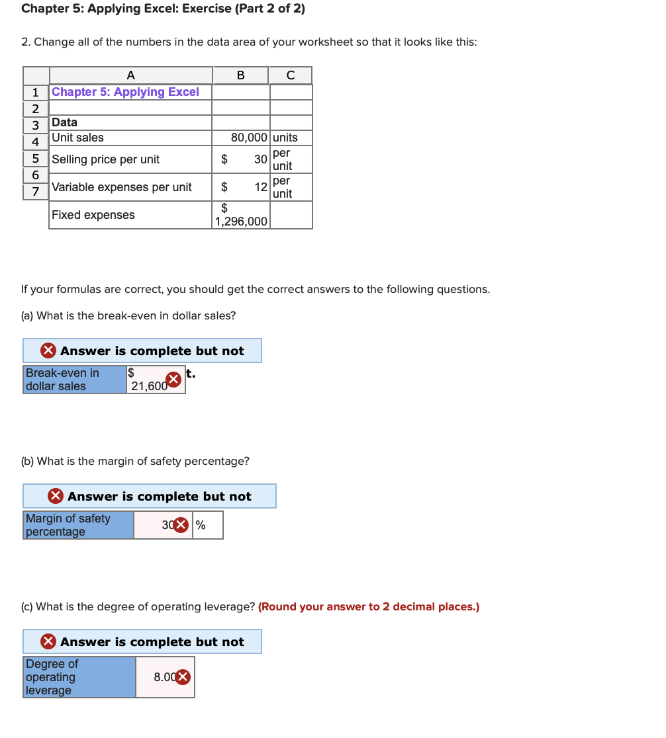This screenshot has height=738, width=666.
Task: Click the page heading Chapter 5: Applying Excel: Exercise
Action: pos(163,9)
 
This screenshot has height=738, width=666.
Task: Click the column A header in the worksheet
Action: pos(130,75)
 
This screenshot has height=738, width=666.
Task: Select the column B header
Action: pos(240,75)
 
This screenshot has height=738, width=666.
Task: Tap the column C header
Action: pos(290,75)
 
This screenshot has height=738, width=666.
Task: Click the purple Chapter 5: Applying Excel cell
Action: pos(125,92)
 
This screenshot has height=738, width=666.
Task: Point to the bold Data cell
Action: pos(65,122)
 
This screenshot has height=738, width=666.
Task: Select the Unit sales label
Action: pos(78,138)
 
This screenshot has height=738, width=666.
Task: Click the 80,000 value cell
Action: pos(249,138)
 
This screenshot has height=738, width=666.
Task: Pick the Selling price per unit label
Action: pos(106,159)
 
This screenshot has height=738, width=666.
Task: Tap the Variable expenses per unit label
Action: pos(122,187)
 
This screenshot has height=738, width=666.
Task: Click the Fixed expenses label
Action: pos(93,215)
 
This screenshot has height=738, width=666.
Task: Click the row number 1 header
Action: pos(36,93)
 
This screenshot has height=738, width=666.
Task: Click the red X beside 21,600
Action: pos(173,380)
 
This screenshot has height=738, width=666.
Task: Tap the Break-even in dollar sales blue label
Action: pos(74,380)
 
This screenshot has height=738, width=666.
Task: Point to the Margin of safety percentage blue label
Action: pos(77,525)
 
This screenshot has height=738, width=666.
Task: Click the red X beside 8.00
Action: pos(183,677)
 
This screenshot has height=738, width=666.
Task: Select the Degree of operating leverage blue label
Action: pos(79,677)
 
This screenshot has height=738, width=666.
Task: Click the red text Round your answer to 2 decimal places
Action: pos(369,607)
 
